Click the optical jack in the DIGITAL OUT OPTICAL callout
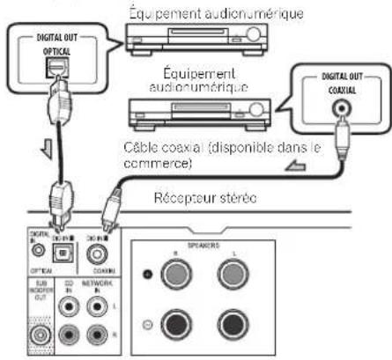click(x=59, y=67)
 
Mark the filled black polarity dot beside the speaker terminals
click(x=147, y=275)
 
